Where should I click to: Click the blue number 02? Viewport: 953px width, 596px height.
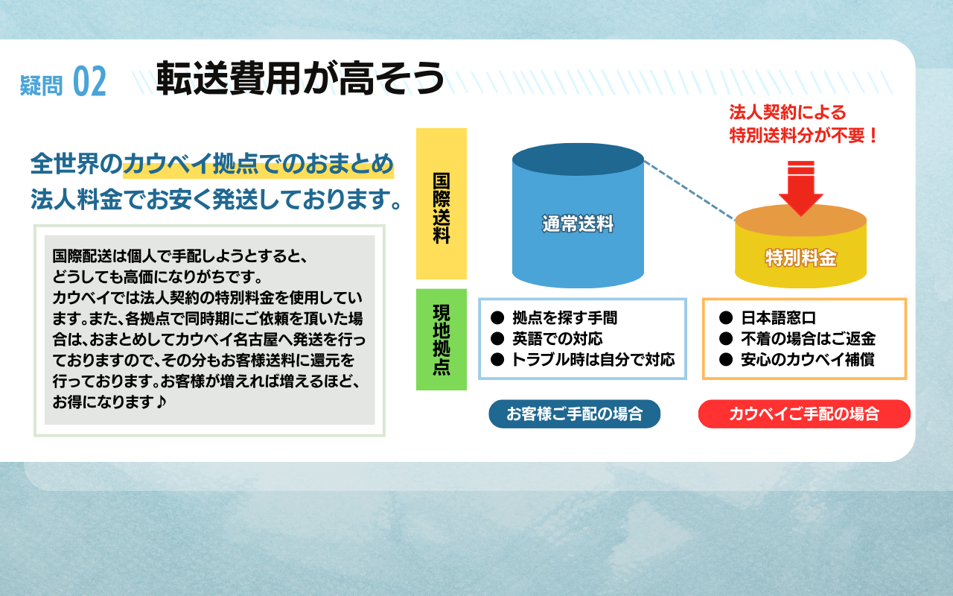(89, 81)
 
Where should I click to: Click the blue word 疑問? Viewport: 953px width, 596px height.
(41, 85)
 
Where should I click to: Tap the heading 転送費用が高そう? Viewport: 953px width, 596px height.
(300, 78)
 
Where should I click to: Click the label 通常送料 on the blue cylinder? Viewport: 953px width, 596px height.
(578, 224)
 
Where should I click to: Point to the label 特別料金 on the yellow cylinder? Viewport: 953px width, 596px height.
(800, 258)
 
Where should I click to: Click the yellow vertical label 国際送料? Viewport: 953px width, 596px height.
(442, 208)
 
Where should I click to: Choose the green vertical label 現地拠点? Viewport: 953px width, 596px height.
(442, 340)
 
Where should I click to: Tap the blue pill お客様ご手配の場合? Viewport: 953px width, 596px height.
(574, 413)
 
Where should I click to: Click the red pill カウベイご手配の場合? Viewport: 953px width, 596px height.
(804, 413)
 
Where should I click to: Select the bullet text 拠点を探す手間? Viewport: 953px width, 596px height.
(564, 317)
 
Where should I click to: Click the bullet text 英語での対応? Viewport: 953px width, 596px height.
(558, 338)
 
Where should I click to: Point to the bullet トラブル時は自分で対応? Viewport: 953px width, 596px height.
(593, 360)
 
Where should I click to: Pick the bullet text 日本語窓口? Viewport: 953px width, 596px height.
(779, 317)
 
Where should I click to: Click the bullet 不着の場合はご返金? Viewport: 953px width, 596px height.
(809, 338)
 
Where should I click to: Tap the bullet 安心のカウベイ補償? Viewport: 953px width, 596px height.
(808, 360)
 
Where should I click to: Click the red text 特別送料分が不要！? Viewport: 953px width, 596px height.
(803, 136)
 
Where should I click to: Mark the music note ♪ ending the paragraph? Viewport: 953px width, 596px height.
(160, 402)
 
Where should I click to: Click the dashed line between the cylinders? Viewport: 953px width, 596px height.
(689, 190)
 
